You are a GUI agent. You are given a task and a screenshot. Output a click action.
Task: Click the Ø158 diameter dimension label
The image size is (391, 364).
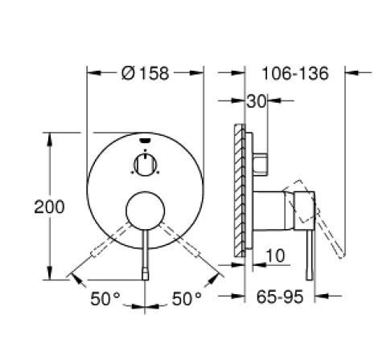click(x=145, y=73)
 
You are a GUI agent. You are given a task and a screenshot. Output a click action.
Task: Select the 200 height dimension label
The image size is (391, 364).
click(x=49, y=207)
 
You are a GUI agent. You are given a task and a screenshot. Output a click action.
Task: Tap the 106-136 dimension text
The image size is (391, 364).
click(x=295, y=73)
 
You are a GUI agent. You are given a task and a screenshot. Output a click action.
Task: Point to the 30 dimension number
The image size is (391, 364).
click(x=257, y=101)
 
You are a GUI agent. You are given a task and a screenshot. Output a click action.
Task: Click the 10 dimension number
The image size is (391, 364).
click(x=275, y=256)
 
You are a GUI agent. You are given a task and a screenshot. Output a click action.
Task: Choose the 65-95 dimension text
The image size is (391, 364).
click(x=280, y=297)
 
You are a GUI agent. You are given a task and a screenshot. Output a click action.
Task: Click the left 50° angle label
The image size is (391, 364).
click(x=105, y=299)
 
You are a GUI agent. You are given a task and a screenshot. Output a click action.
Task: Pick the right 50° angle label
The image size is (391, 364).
click(x=187, y=299)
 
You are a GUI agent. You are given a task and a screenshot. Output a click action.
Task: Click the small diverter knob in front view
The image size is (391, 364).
click(x=145, y=165)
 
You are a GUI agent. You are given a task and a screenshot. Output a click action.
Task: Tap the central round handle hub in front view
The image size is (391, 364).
click(x=145, y=211)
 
